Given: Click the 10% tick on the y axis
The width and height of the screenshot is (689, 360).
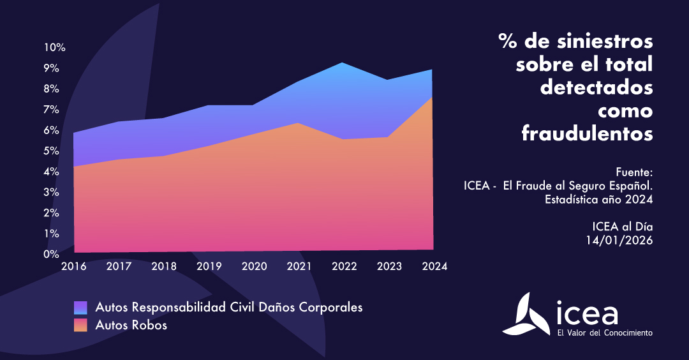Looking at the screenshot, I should [x=54, y=47].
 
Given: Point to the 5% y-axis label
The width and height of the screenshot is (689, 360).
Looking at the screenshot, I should [x=54, y=151].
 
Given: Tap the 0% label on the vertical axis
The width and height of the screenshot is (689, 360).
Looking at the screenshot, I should [x=54, y=255].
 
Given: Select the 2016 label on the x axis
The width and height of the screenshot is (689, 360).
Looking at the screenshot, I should [x=73, y=266].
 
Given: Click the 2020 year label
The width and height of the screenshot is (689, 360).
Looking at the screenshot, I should [x=253, y=266].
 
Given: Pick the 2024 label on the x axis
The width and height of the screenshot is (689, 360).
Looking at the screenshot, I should [x=434, y=266].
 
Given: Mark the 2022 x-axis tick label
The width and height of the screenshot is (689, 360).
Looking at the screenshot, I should [x=344, y=266].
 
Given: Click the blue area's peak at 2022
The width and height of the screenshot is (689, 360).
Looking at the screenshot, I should [x=343, y=63].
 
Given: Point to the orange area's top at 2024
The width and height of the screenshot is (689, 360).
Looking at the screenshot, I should [x=433, y=97].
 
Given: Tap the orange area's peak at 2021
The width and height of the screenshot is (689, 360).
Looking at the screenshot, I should [x=299, y=123].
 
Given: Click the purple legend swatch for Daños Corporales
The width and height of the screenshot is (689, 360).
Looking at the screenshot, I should [x=80, y=308].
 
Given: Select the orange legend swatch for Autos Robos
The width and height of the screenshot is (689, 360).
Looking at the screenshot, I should [x=80, y=325].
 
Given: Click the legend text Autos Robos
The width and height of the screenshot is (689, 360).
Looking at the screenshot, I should [x=131, y=325].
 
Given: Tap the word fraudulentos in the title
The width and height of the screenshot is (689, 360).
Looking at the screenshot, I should [x=587, y=134].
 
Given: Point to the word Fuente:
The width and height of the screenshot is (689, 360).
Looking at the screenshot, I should [x=635, y=172].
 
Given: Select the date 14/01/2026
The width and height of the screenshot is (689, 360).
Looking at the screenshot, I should [x=619, y=240].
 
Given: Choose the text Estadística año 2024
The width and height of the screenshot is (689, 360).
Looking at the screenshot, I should [x=598, y=200].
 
